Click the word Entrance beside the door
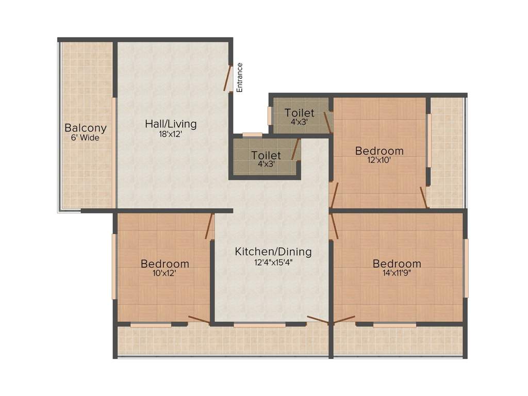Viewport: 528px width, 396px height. click(x=239, y=77)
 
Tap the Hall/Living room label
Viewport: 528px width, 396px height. click(x=171, y=124)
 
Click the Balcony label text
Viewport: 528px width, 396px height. click(x=86, y=128)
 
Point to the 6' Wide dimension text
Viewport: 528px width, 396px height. click(x=86, y=138)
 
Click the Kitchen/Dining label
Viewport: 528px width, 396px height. click(x=273, y=252)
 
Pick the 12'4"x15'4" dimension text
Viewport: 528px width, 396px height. click(x=273, y=262)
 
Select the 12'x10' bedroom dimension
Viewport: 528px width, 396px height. click(x=379, y=161)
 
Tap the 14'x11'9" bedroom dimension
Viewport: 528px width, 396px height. click(x=397, y=273)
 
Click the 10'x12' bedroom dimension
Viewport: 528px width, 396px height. click(x=165, y=273)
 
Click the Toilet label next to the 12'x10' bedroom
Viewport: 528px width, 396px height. click(x=299, y=112)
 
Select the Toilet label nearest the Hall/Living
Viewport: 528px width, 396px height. click(x=266, y=155)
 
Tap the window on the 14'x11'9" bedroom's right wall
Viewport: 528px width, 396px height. click(x=466, y=268)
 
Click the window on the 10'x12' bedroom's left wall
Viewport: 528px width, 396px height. click(x=114, y=267)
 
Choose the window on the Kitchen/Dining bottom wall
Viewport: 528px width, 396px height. click(x=259, y=325)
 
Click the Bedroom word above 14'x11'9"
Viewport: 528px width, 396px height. click(x=397, y=263)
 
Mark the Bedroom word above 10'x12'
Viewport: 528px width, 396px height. click(x=165, y=263)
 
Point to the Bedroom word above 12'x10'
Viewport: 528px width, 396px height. click(x=379, y=151)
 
